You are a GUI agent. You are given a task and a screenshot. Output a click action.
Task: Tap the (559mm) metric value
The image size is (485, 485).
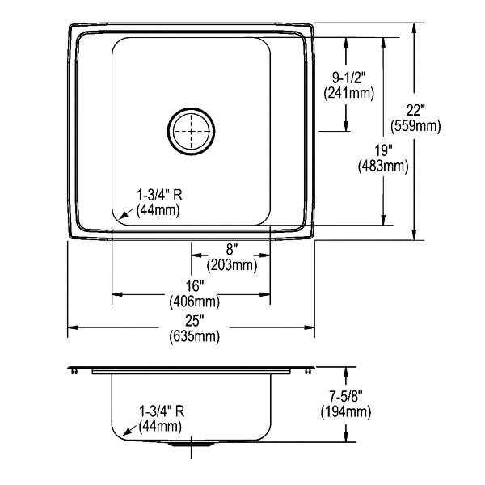[415, 126]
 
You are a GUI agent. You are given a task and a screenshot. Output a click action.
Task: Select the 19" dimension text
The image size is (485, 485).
[383, 150]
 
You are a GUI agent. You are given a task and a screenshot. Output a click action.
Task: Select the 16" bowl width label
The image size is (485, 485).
[192, 287]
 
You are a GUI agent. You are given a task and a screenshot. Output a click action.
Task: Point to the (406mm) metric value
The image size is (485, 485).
[192, 302]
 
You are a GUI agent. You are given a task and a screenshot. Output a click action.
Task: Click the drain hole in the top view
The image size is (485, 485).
[192, 129]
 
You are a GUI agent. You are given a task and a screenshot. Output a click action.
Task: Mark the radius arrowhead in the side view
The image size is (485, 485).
[122, 433]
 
